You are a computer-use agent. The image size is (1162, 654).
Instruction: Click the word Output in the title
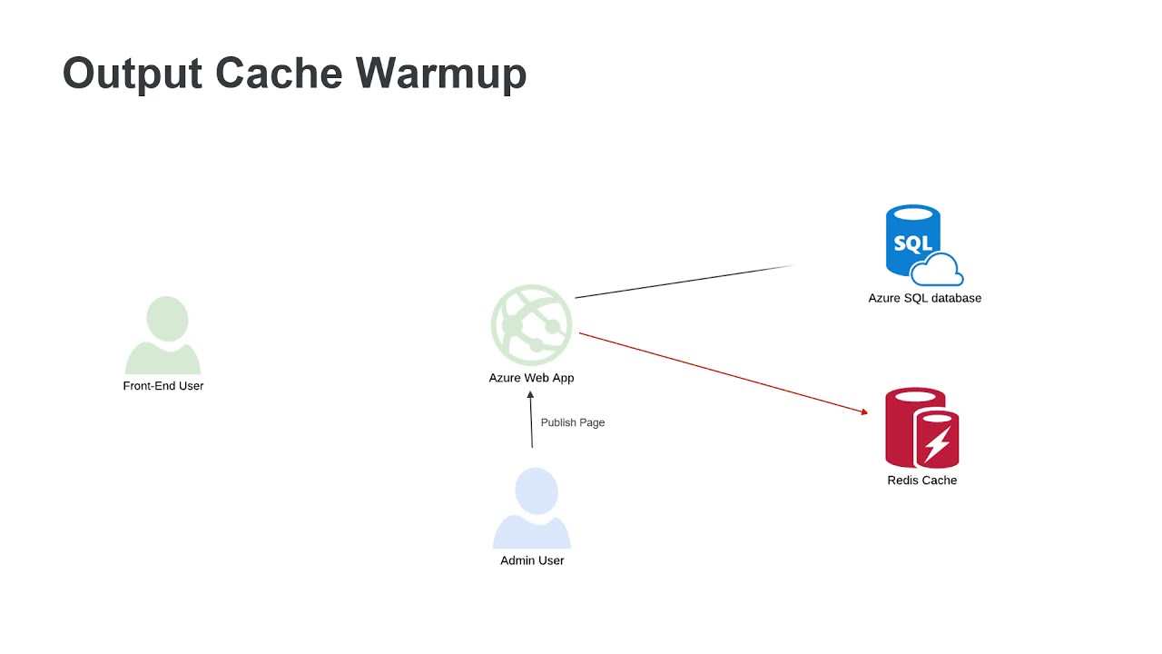click(132, 73)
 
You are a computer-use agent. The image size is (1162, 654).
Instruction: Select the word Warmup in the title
click(441, 73)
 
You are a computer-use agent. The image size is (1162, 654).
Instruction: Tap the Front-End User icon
click(163, 335)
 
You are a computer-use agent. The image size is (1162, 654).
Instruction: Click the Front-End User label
click(163, 386)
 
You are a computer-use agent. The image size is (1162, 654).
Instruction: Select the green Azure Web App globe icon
click(532, 325)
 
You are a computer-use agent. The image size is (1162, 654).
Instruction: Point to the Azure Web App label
click(531, 378)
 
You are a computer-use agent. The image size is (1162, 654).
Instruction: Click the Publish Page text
click(572, 422)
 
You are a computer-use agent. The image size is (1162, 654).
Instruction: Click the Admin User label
click(532, 560)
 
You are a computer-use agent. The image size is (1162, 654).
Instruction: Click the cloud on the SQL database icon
click(938, 270)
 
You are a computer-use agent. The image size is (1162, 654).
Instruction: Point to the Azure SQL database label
click(924, 298)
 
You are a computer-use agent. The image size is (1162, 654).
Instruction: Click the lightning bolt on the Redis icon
click(937, 444)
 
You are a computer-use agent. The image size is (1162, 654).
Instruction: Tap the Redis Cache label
click(921, 481)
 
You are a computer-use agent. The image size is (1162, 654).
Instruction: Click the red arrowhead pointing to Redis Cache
click(863, 412)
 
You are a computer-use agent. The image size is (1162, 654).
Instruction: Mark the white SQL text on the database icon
click(912, 243)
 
